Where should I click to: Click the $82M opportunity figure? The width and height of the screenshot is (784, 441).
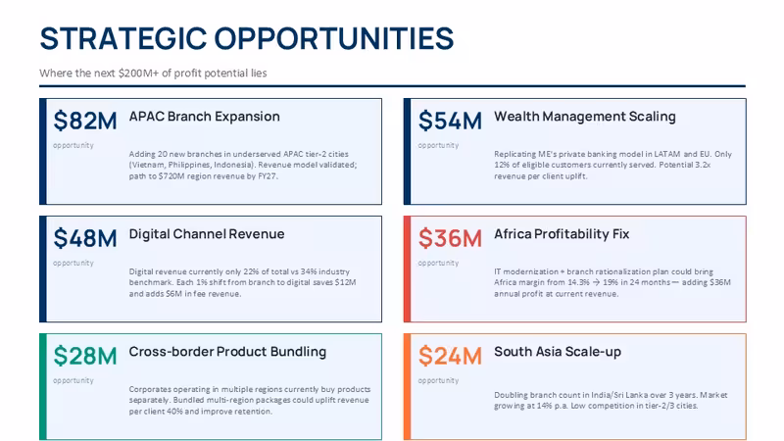[85, 121]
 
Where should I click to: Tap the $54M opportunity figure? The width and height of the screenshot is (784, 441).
[450, 121]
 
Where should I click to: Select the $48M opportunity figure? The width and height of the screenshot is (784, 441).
[85, 238]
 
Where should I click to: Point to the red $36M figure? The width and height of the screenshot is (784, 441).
[450, 238]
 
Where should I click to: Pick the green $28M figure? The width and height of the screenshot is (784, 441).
[85, 356]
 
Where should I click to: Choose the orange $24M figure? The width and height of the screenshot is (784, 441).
[450, 356]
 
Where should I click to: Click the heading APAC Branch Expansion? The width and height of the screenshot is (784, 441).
[205, 117]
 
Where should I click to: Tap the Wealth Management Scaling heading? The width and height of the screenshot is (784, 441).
[584, 117]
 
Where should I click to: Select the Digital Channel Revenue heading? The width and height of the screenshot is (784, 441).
[207, 234]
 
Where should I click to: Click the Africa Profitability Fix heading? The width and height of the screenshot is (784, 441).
[562, 234]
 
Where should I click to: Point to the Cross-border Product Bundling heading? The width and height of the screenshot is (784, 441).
[227, 352]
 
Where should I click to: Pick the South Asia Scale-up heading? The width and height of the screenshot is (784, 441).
[558, 352]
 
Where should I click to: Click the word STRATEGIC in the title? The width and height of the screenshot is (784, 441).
[123, 38]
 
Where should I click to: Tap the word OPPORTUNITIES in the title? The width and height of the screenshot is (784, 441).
[334, 38]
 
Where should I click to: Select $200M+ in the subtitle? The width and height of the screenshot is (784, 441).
[138, 73]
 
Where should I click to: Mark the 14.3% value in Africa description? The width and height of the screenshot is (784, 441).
[578, 282]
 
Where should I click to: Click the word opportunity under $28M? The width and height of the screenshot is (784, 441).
[73, 380]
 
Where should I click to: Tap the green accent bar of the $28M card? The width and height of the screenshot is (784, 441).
[43, 386]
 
